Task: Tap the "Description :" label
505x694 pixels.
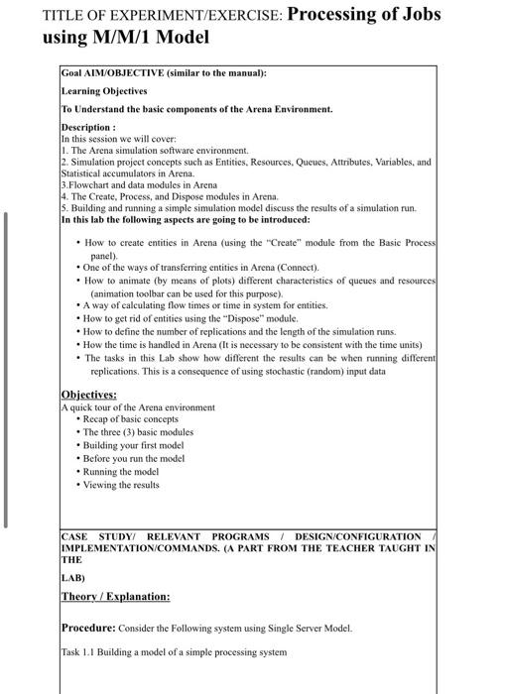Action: pyautogui.click(x=88, y=128)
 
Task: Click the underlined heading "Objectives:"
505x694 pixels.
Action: pyautogui.click(x=88, y=394)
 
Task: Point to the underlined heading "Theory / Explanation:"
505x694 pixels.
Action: pyautogui.click(x=115, y=596)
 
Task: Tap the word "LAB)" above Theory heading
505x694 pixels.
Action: pyautogui.click(x=73, y=576)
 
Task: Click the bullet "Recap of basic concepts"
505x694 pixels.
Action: pyautogui.click(x=129, y=419)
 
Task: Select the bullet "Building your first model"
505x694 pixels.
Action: pyautogui.click(x=133, y=445)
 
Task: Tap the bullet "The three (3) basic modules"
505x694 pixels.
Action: pyautogui.click(x=137, y=432)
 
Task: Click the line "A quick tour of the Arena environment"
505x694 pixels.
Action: pyautogui.click(x=138, y=407)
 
